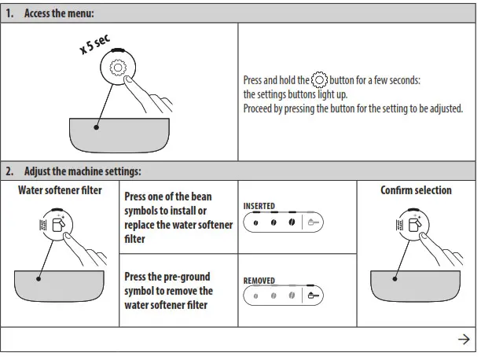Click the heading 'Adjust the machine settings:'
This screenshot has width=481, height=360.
pos(82,171)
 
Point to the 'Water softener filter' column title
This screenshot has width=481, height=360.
pos(60,190)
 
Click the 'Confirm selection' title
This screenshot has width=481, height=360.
pos(416,190)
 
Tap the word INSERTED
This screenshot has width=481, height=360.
pos(259,206)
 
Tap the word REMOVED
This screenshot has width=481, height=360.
pos(259,279)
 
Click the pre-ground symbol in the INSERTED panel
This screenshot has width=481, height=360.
pos(314,223)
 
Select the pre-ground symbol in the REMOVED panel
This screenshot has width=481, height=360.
pos(314,296)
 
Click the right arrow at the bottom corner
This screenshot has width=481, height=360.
pos(463,339)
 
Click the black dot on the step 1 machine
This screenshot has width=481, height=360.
pos(97,126)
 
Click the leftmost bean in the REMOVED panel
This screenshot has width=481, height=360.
pos(255,296)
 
